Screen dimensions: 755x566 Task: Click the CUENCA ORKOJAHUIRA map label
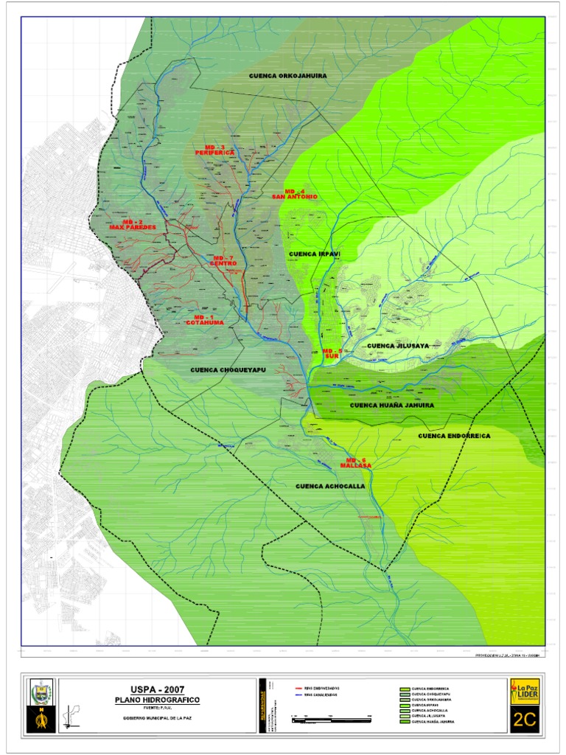click(287, 76)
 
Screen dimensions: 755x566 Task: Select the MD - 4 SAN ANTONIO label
click(294, 194)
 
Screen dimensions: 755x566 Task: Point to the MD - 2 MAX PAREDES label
click(133, 224)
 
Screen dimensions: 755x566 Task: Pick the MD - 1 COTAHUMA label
click(202, 319)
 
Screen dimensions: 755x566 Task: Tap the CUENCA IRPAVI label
click(315, 254)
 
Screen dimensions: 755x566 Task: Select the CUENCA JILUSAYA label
click(397, 346)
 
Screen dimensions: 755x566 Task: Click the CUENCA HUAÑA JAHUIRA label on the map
click(391, 406)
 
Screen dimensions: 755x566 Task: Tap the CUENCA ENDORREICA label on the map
click(454, 436)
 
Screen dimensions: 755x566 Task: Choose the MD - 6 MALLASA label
click(357, 463)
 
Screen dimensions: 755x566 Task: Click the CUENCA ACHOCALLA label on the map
click(331, 487)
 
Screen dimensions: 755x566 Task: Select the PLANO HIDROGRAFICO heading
click(156, 699)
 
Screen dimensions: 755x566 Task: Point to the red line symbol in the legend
click(298, 689)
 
